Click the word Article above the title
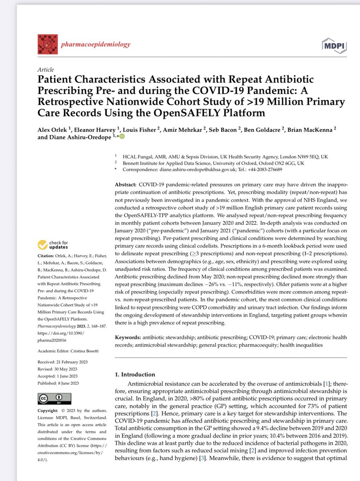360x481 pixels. pos(44,69)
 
